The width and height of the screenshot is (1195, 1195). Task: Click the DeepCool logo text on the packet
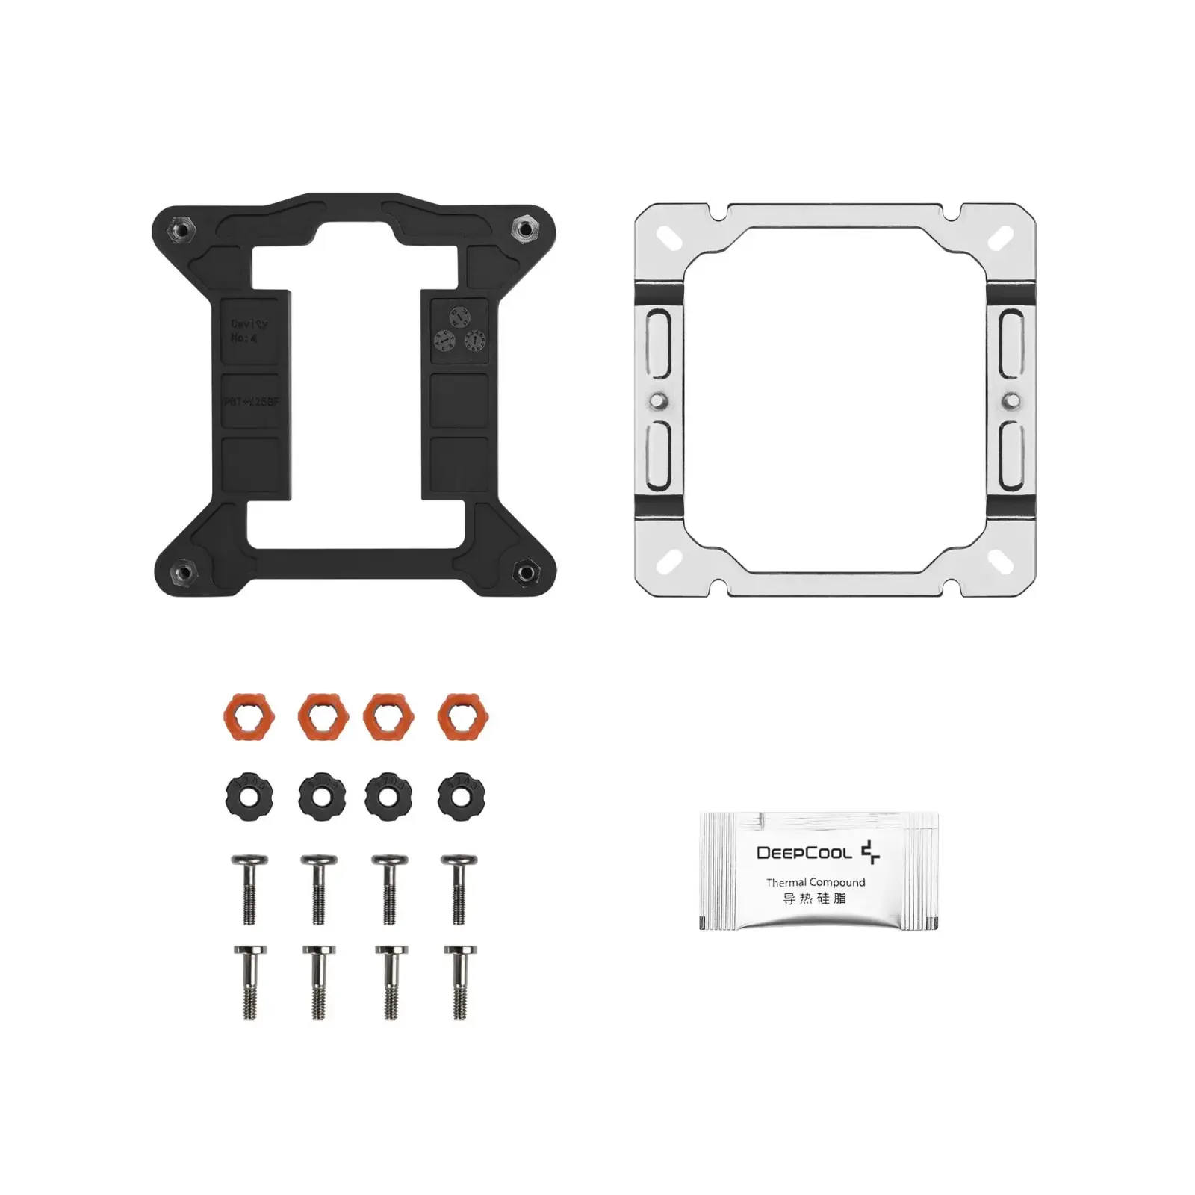tap(804, 852)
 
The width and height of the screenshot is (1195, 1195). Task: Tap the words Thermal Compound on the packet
tap(815, 882)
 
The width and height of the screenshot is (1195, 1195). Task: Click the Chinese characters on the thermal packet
tap(814, 898)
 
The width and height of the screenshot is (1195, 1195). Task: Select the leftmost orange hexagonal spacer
tap(249, 717)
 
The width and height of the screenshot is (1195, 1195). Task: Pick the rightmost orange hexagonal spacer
tap(462, 717)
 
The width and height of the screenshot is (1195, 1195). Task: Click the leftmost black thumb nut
tap(249, 795)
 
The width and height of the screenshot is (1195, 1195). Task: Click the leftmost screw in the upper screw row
tap(249, 889)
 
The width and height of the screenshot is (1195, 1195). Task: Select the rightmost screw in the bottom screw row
tap(460, 981)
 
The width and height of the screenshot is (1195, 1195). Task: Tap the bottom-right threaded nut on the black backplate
tap(526, 572)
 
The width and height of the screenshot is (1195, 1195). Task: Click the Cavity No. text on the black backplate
tap(248, 331)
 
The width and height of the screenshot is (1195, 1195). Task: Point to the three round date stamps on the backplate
tap(459, 330)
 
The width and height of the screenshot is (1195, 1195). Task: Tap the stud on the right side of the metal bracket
tap(1012, 400)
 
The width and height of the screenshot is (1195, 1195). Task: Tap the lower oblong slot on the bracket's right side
tap(1012, 455)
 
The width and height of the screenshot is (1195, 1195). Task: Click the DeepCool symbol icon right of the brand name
tap(870, 852)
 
